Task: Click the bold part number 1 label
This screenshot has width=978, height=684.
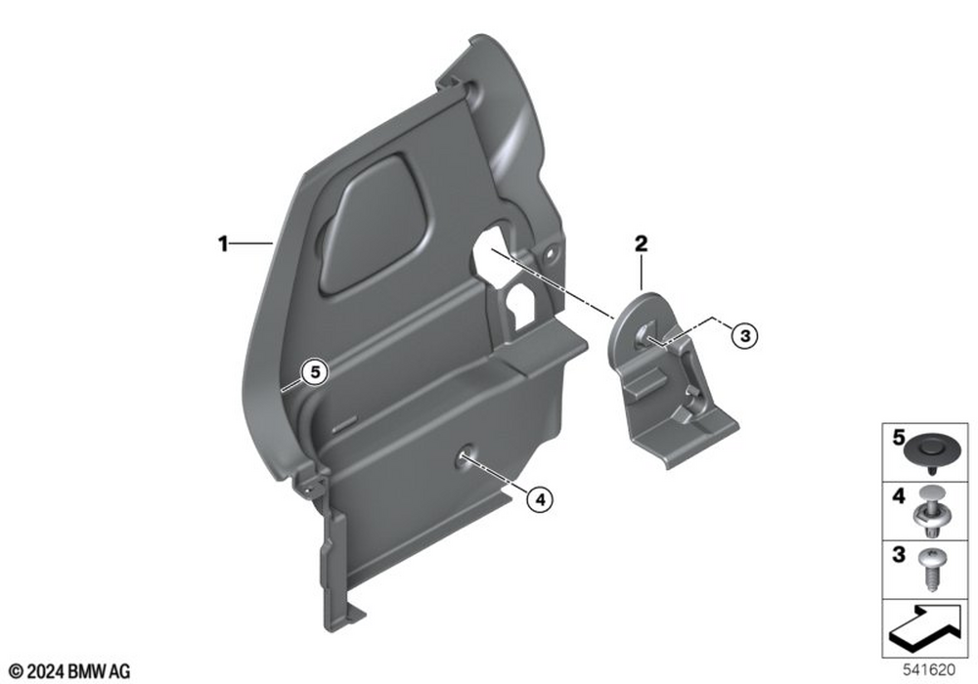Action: tap(223, 243)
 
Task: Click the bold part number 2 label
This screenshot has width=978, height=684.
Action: tap(642, 243)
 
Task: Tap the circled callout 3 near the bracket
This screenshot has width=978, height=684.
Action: tap(744, 336)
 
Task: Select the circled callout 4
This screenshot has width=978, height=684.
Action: tap(540, 499)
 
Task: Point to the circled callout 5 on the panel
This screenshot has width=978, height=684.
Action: tap(315, 372)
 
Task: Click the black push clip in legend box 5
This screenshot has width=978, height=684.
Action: tap(930, 449)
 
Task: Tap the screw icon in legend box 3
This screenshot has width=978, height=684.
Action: tap(932, 568)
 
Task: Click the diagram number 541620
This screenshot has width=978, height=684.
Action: tap(929, 670)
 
